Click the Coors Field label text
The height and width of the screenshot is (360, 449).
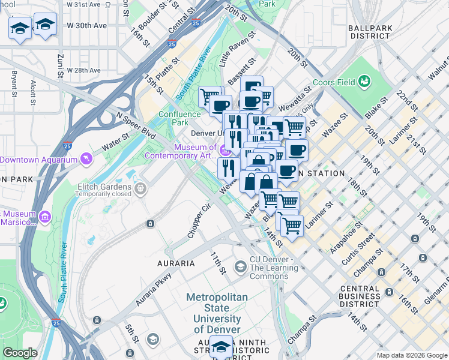pyautogui.click(x=333, y=82)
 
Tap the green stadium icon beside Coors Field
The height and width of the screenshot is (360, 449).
pyautogui.click(x=364, y=81)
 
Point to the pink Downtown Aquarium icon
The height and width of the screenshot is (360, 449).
pyautogui.click(x=88, y=159)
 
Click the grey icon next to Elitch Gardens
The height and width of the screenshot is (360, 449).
pyautogui.click(x=140, y=190)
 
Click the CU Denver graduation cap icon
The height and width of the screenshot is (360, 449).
pyautogui.click(x=240, y=266)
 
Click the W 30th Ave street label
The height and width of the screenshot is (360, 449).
pyautogui.click(x=87, y=26)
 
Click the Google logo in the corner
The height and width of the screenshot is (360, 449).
pyautogui.click(x=20, y=352)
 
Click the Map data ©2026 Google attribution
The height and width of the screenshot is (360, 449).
pyautogui.click(x=412, y=355)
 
